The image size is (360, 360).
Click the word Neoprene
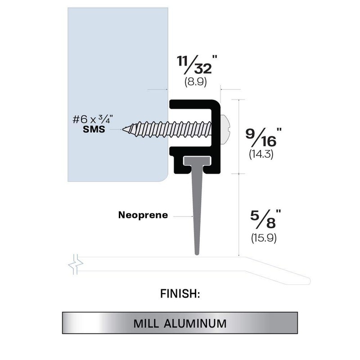click(143, 215)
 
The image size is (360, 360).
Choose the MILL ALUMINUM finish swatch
click(180, 323)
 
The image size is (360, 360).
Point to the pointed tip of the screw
click(124, 130)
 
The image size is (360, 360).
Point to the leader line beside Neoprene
click(182, 216)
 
